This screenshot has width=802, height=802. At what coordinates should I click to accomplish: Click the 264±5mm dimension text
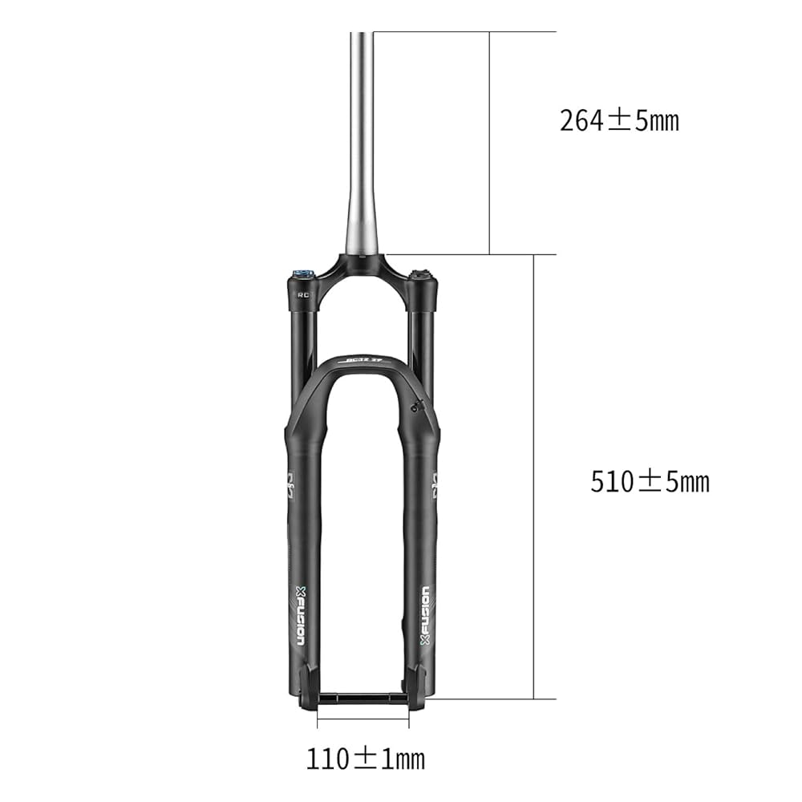(x=619, y=121)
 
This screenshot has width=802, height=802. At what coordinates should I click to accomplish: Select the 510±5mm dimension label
(x=650, y=482)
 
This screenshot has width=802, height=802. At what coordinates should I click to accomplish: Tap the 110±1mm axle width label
(x=365, y=758)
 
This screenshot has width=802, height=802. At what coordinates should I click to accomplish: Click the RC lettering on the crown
(x=303, y=294)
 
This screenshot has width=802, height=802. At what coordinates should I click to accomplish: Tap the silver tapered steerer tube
(x=361, y=160)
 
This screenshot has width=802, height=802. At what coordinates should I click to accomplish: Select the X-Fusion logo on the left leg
(x=300, y=614)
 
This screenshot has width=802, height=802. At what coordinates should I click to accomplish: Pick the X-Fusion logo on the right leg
(x=426, y=614)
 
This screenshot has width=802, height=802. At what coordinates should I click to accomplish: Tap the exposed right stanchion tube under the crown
(x=420, y=345)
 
